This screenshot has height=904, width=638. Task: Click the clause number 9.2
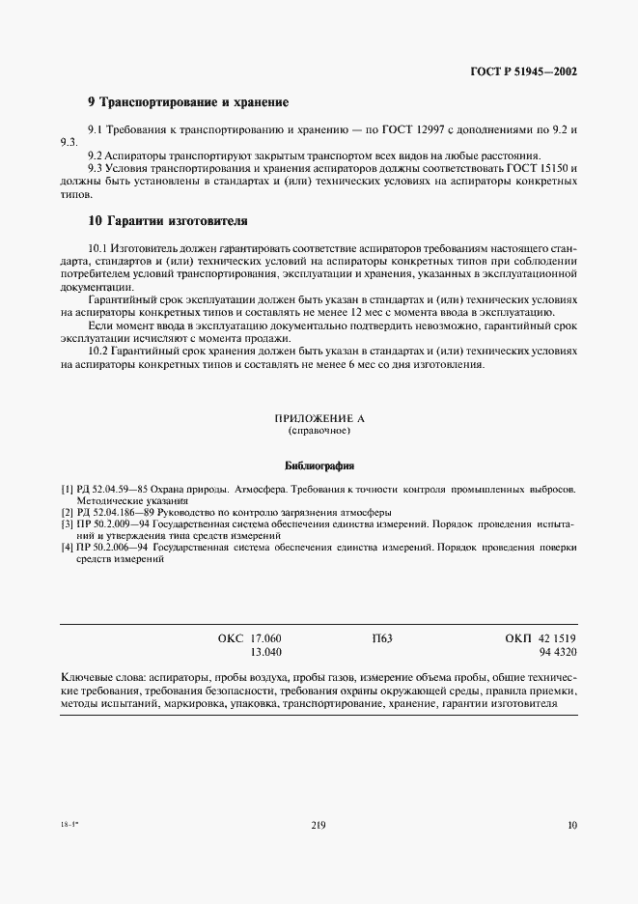(97, 155)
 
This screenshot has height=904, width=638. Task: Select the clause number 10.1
(99, 249)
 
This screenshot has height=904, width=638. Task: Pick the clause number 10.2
(99, 352)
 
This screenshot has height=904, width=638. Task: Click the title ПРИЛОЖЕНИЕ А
(319, 418)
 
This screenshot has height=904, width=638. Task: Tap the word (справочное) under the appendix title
(319, 431)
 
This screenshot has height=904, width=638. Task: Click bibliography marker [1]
(67, 491)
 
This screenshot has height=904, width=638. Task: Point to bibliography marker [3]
(67, 523)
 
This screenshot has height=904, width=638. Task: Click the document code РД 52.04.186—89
(118, 512)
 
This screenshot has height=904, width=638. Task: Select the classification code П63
(382, 639)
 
